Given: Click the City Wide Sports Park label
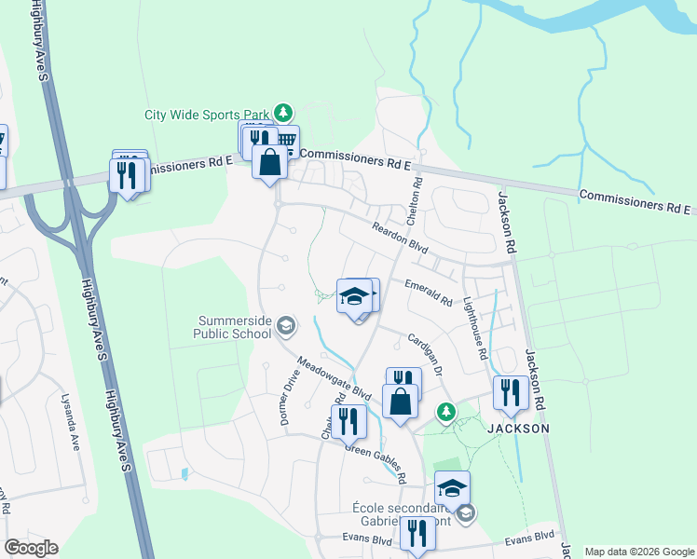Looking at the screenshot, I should pyautogui.click(x=206, y=116).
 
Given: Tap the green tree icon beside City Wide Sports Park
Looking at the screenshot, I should pyautogui.click(x=283, y=115).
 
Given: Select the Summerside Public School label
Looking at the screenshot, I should pyautogui.click(x=234, y=327).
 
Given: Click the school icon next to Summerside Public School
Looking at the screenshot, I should pyautogui.click(x=286, y=325).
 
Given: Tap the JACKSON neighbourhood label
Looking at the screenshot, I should pyautogui.click(x=516, y=429).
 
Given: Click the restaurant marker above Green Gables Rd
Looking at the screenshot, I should pyautogui.click(x=348, y=421).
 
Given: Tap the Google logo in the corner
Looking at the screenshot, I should pyautogui.click(x=31, y=548).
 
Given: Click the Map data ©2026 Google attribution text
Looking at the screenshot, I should pyautogui.click(x=640, y=552).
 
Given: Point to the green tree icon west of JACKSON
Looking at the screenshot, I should pyautogui.click(x=446, y=411).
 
